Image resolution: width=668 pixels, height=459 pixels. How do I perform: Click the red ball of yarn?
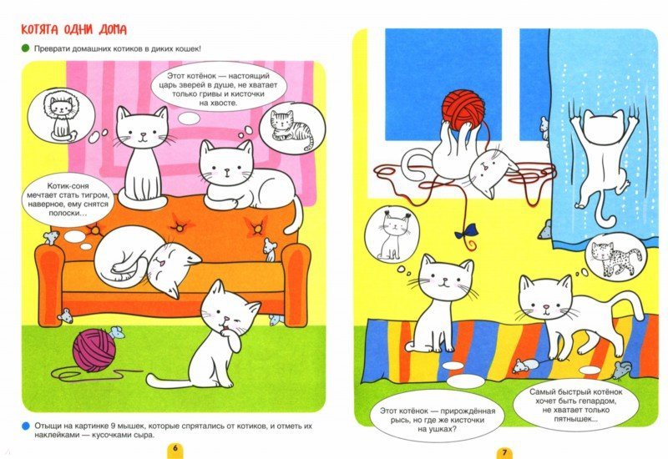click(463, 108)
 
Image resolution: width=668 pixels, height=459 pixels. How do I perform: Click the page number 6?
click(175, 449)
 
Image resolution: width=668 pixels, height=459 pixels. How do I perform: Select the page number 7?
click(504, 451)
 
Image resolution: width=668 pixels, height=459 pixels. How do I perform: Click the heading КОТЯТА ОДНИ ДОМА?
click(73, 30)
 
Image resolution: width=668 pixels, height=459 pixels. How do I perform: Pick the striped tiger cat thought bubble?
click(291, 128)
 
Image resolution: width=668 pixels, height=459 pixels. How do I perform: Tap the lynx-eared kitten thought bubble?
click(392, 235)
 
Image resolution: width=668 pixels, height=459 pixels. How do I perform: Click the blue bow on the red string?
click(463, 234)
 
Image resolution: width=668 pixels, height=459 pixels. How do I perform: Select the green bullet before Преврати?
click(25, 48)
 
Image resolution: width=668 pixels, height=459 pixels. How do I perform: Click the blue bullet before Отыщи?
click(26, 426)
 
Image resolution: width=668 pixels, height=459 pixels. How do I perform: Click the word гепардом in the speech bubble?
click(599, 401)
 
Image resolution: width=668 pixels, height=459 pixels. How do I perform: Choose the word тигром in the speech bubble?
click(96, 195)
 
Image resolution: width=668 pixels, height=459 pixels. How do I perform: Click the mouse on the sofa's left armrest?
click(51, 238)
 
